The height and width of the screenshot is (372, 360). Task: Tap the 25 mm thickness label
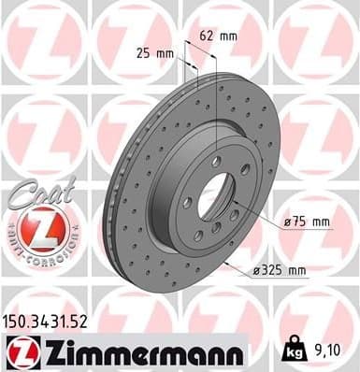[154, 52]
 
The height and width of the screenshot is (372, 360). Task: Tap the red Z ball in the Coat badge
[38, 229]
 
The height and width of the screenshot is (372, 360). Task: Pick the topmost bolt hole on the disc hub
[217, 162]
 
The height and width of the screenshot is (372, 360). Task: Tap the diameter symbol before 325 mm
[256, 272]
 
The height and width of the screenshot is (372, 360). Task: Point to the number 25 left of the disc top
[142, 52]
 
